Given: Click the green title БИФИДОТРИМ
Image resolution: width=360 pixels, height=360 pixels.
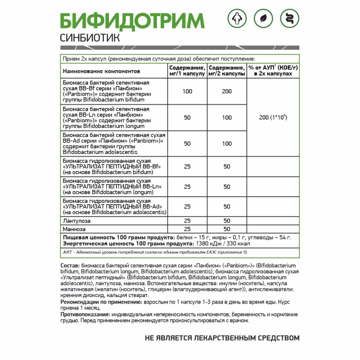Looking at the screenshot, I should (x=132, y=21).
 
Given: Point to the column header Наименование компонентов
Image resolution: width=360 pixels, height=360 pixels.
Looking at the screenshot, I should (x=101, y=71).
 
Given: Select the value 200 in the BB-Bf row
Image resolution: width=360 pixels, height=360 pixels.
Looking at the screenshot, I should (x=227, y=91).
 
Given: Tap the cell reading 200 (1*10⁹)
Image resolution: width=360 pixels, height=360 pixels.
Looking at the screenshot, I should (x=273, y=117).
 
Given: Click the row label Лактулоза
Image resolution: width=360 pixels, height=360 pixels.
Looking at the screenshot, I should (x=77, y=221).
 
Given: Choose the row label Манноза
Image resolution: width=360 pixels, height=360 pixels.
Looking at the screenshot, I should (x=74, y=229).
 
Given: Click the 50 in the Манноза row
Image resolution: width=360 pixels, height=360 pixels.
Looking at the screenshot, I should (x=227, y=229).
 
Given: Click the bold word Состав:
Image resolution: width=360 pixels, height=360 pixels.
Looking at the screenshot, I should (x=70, y=266).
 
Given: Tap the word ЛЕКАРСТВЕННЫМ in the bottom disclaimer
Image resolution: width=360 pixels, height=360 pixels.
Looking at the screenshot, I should (x=220, y=337).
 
